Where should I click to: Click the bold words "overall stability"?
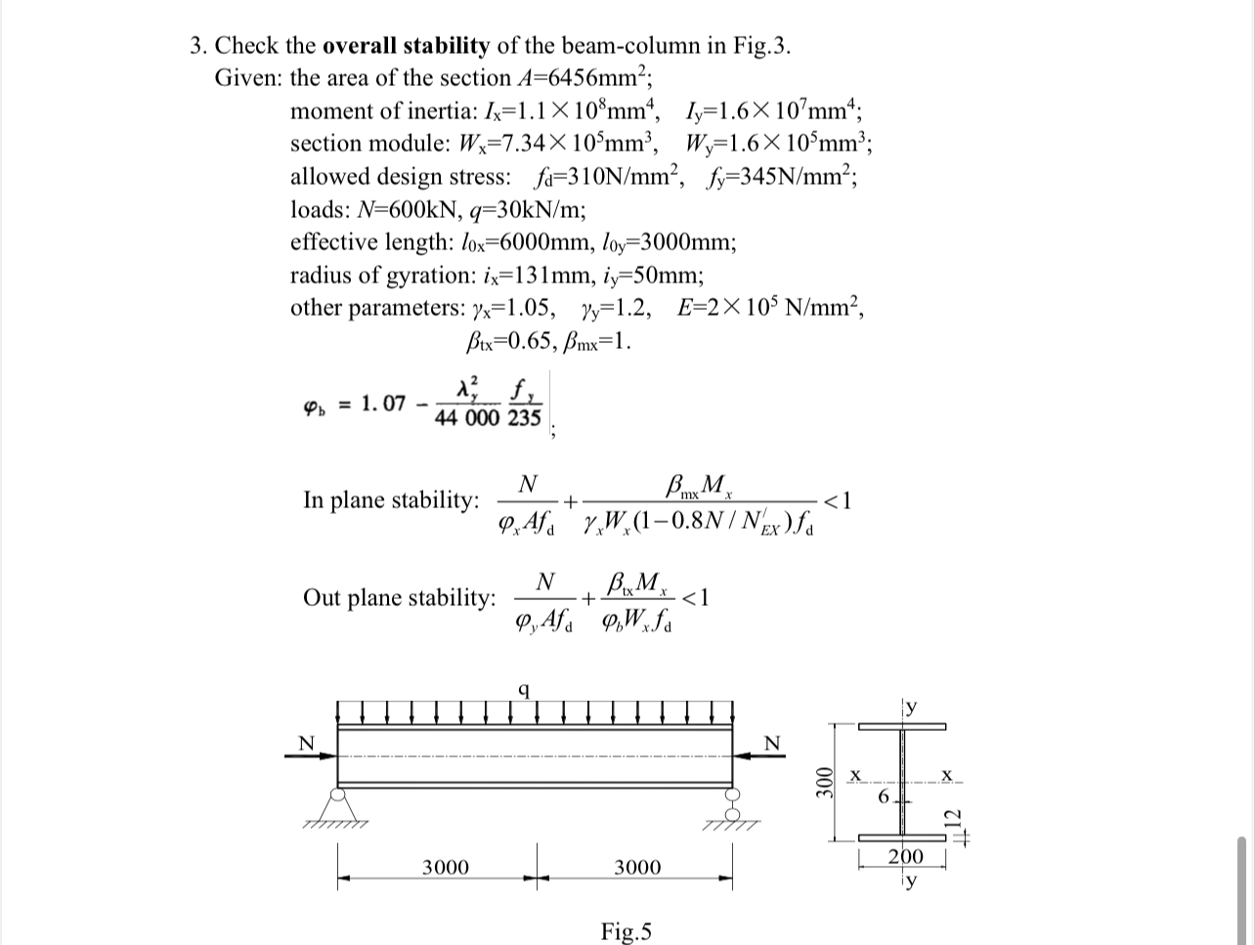point(405,45)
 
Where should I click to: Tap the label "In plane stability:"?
point(391,499)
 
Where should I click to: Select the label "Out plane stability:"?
point(399,597)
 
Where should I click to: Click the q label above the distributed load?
point(525,689)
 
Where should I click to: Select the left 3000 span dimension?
point(445,867)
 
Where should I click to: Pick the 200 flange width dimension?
point(905,857)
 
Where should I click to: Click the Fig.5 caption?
point(627,930)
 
